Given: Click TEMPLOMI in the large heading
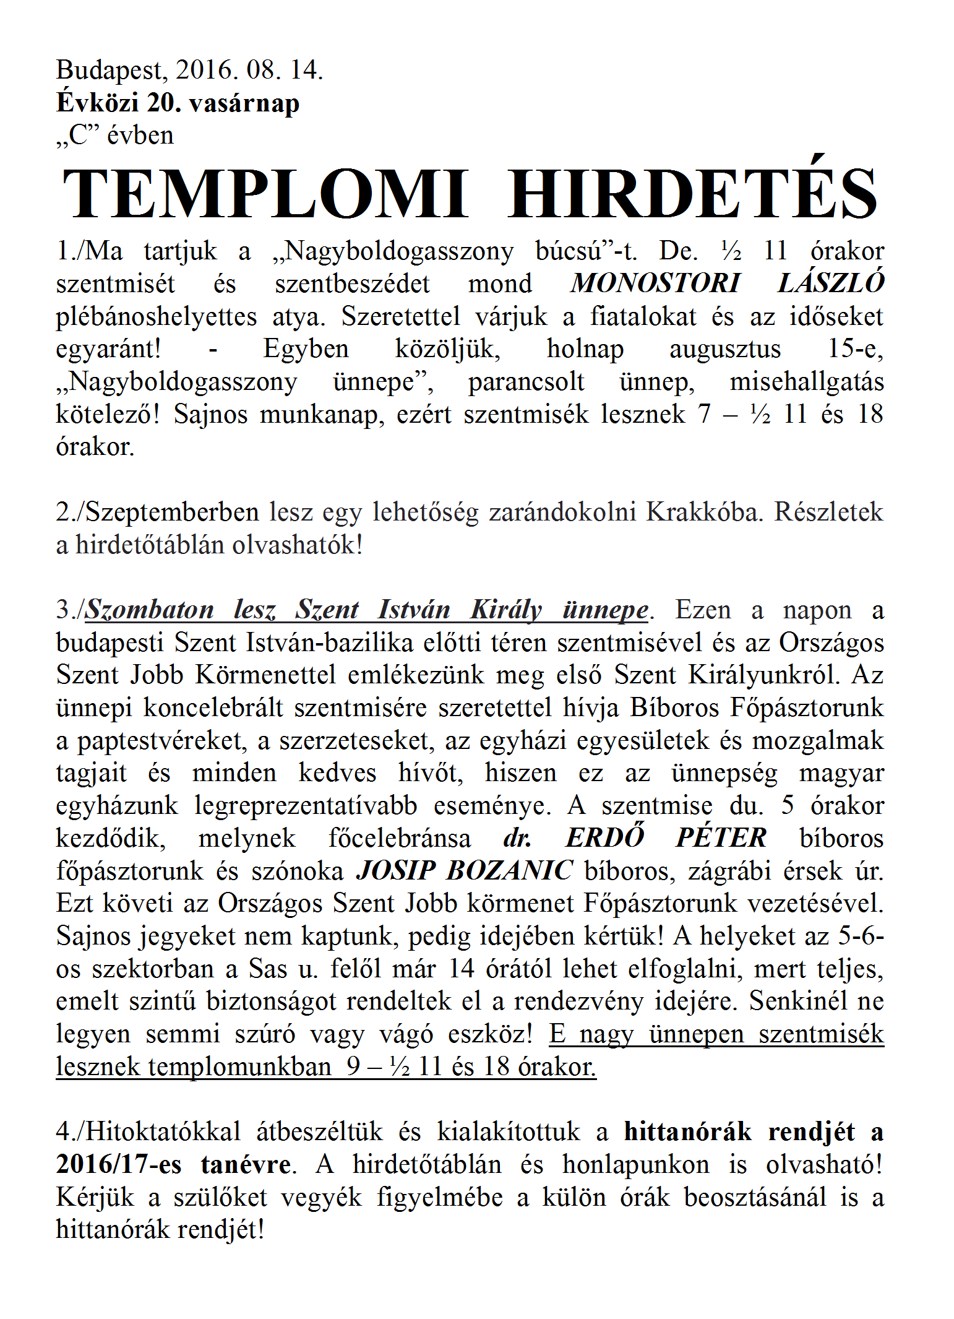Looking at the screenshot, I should (x=266, y=194).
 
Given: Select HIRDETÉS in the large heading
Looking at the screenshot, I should (x=693, y=194).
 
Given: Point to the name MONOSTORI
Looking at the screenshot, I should (x=655, y=283).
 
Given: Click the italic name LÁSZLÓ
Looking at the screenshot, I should (x=831, y=283).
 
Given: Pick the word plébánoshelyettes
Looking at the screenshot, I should (x=156, y=317).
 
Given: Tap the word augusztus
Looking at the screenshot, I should (x=725, y=349).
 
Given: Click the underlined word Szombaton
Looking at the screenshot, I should (x=149, y=610).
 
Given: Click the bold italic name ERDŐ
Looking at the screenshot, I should (x=605, y=838).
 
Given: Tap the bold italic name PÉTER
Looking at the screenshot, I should (x=721, y=838).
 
